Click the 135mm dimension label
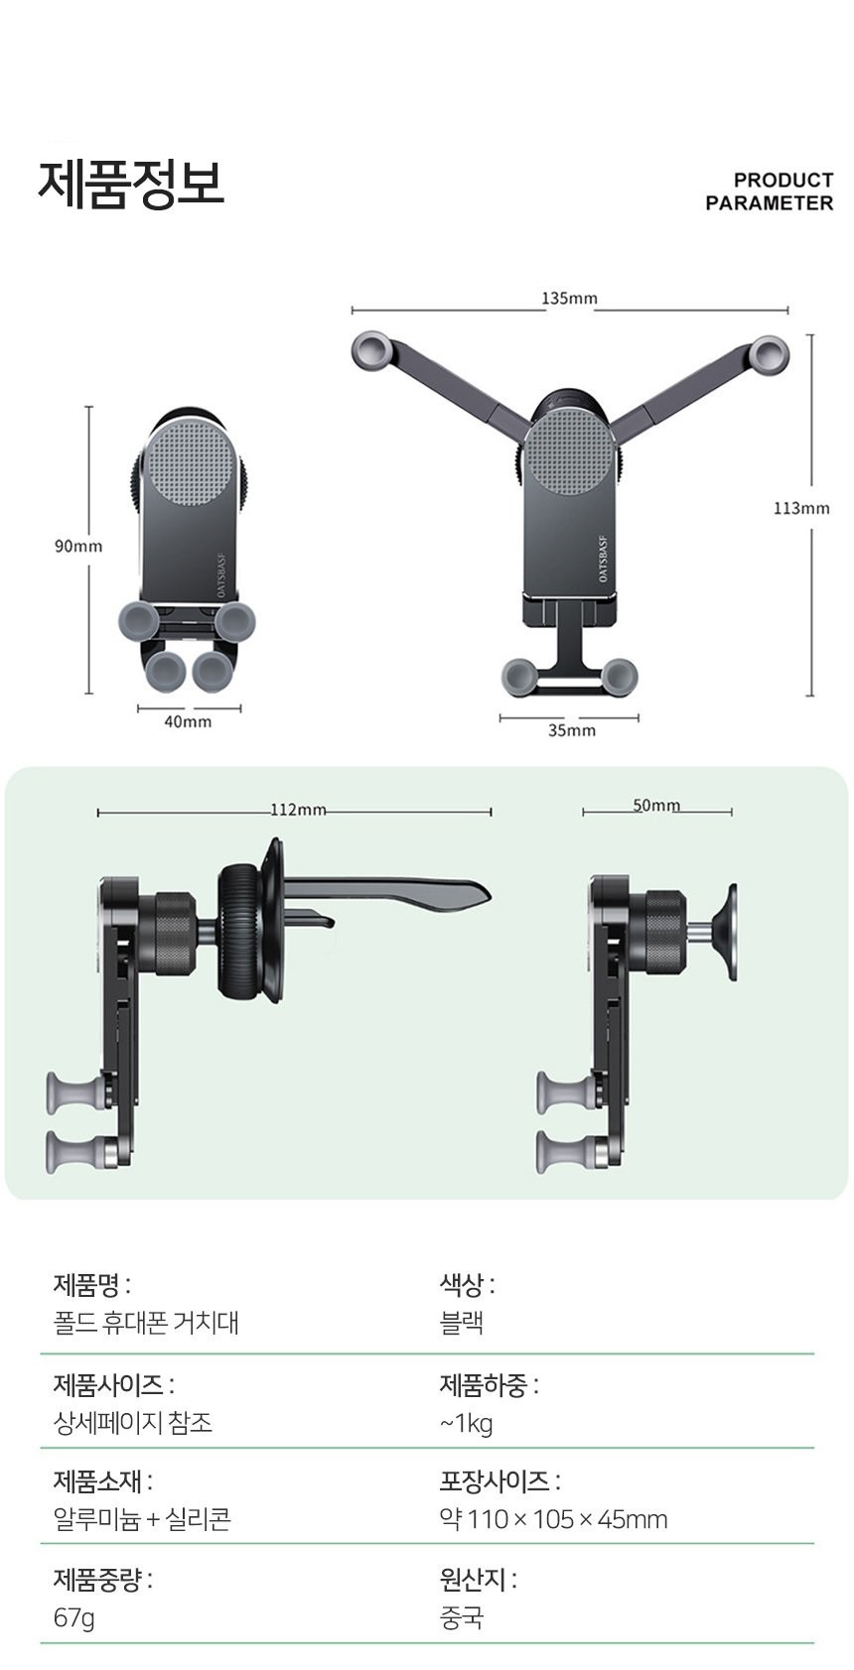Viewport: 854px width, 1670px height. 569,299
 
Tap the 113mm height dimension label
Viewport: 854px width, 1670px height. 801,508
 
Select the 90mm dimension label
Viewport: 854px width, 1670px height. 78,547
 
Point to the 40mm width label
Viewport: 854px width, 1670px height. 188,721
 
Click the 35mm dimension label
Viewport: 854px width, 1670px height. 572,730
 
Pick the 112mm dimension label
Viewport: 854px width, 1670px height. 298,810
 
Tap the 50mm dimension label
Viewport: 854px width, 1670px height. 656,805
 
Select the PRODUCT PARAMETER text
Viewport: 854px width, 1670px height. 770,192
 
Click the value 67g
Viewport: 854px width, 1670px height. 73,1617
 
